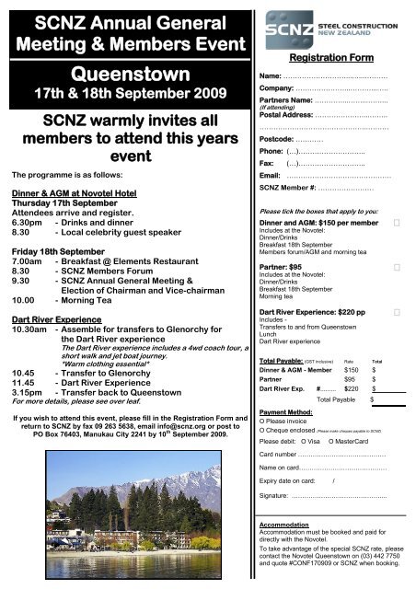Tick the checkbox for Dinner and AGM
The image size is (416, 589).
tap(397, 223)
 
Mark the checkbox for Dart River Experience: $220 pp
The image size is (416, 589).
tap(397, 313)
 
